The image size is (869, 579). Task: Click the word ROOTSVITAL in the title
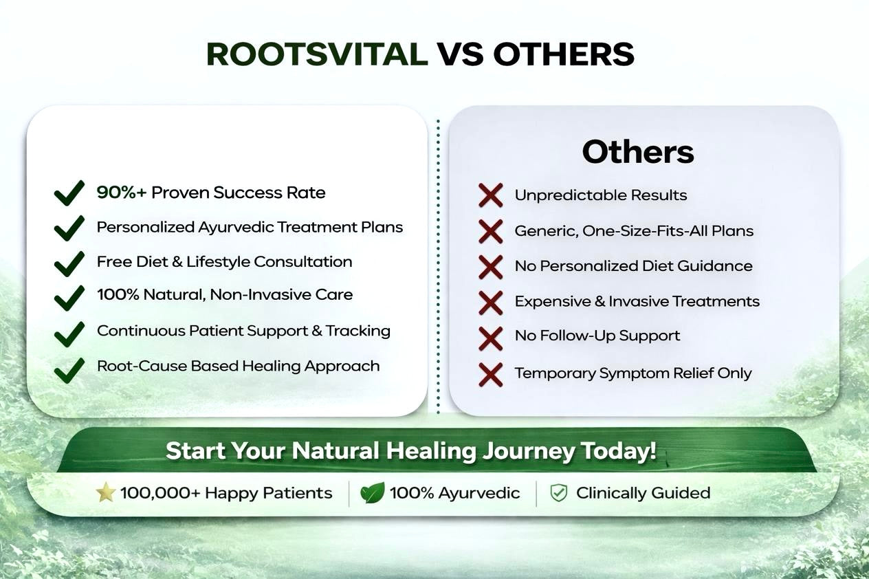click(317, 54)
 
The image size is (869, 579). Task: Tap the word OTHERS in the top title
click(564, 54)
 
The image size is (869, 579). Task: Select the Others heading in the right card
click(638, 152)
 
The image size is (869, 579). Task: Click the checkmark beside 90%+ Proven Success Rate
click(69, 193)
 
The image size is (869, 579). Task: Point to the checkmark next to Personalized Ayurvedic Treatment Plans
click(69, 228)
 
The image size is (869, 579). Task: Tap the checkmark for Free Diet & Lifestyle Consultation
click(69, 264)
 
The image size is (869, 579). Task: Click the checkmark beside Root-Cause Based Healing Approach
click(69, 370)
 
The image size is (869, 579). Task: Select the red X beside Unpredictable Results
click(491, 195)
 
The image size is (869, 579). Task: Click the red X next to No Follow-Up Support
click(491, 339)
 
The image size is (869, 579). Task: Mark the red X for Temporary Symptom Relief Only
click(491, 375)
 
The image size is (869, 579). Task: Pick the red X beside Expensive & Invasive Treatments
click(491, 303)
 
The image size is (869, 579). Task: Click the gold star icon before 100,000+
click(105, 492)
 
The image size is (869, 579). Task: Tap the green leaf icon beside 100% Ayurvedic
click(372, 493)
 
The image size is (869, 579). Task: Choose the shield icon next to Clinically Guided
click(559, 493)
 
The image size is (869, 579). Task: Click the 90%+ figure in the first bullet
click(122, 193)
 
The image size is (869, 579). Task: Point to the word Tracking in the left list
click(357, 331)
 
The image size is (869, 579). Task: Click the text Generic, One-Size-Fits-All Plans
click(634, 231)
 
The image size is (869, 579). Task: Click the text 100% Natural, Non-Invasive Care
click(225, 294)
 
